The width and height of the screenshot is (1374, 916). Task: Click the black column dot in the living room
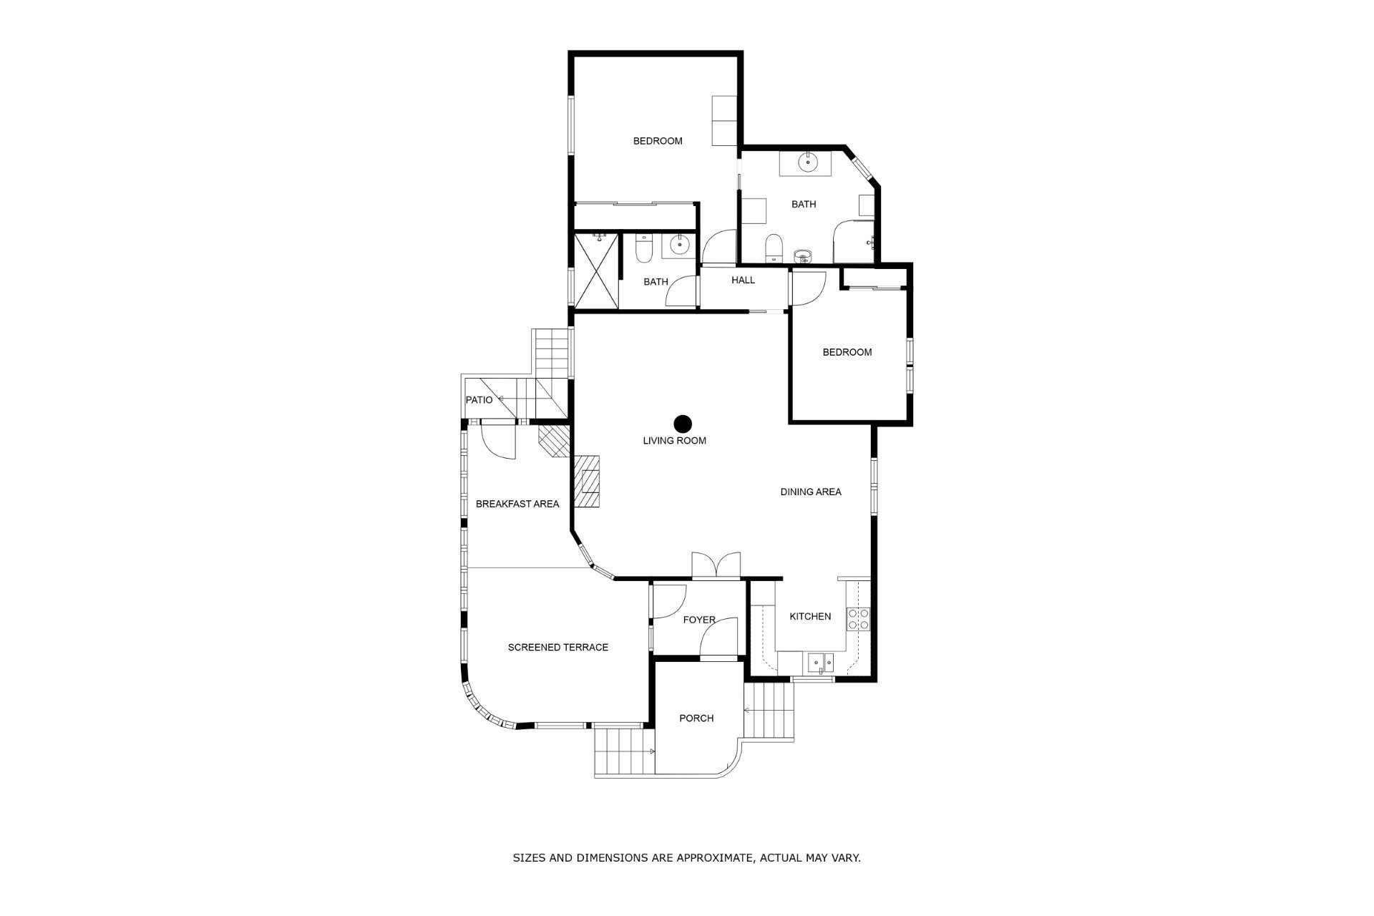(x=683, y=424)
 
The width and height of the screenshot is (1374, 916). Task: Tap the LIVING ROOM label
(x=674, y=441)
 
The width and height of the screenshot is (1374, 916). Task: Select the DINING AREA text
(x=810, y=492)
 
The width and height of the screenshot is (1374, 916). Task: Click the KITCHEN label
(x=810, y=616)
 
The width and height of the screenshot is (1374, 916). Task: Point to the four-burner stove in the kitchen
(x=858, y=619)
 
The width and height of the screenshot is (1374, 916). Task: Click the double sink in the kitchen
(x=820, y=663)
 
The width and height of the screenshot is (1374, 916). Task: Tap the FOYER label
(x=699, y=620)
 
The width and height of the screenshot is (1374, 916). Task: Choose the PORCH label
(x=696, y=718)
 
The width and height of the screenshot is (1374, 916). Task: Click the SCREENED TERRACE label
(x=558, y=648)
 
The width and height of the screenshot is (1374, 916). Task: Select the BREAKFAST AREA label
(x=517, y=504)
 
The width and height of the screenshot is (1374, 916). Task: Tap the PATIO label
(x=479, y=400)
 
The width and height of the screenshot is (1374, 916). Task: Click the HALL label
(x=743, y=281)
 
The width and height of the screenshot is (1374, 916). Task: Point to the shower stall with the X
(x=595, y=270)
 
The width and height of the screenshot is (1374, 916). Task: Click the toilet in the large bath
(x=774, y=248)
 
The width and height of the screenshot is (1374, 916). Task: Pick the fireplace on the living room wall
(x=587, y=482)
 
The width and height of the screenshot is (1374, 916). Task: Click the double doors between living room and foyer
(x=716, y=565)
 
